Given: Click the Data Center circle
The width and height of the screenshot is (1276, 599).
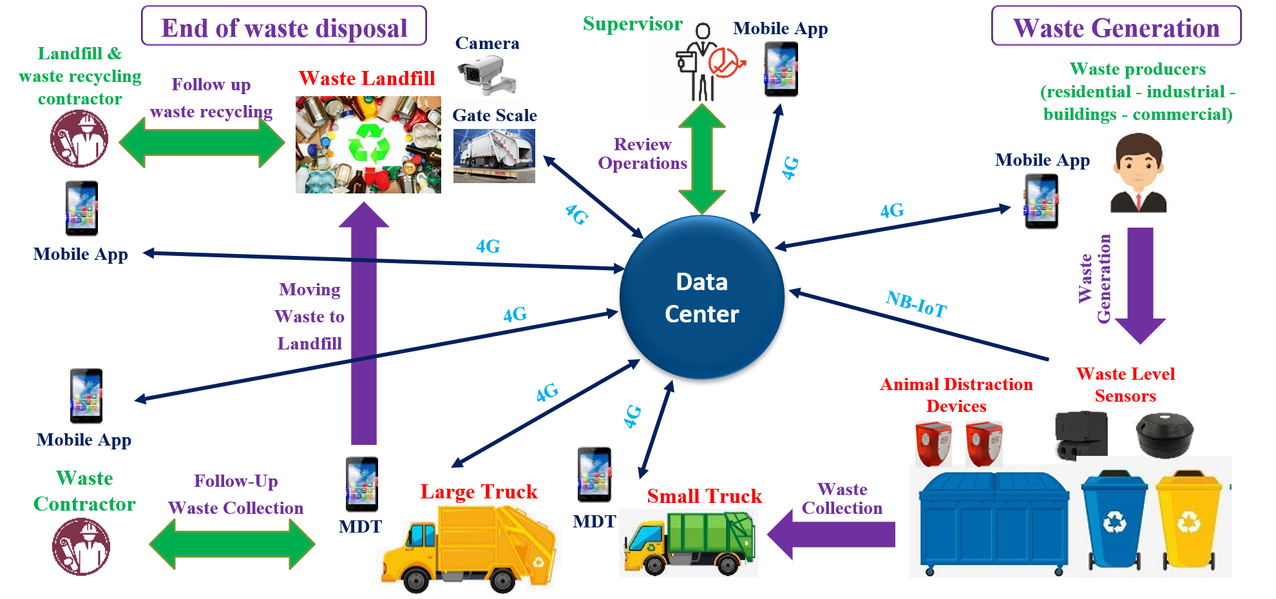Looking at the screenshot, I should coord(701,297).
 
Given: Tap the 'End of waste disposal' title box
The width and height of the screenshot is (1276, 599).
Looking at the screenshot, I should coord(284,26).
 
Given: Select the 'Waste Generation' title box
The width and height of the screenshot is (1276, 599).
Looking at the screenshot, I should coord(1116,26).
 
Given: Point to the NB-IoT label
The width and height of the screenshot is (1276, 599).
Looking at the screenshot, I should coord(916,304).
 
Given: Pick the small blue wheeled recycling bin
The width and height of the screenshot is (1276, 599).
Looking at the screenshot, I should coord(1114,520).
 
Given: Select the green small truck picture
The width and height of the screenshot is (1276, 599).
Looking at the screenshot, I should coord(689,543).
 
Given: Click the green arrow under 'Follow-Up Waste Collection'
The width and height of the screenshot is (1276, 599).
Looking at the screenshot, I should coord(232,544).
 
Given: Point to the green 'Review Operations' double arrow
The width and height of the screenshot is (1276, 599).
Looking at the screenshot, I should coord(701,159).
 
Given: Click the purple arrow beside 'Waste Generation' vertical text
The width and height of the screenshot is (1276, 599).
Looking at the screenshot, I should coord(1140,284).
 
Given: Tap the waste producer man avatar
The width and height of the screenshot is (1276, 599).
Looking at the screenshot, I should coord(1138,173).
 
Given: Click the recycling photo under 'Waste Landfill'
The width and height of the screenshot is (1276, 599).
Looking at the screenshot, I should coord(368,144).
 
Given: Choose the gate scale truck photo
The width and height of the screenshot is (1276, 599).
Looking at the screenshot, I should coord(494,155).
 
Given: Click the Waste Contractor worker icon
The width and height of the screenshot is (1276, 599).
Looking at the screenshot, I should coord(81,546).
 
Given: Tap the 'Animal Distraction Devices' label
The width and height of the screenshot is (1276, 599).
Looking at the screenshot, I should coord(957,395).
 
